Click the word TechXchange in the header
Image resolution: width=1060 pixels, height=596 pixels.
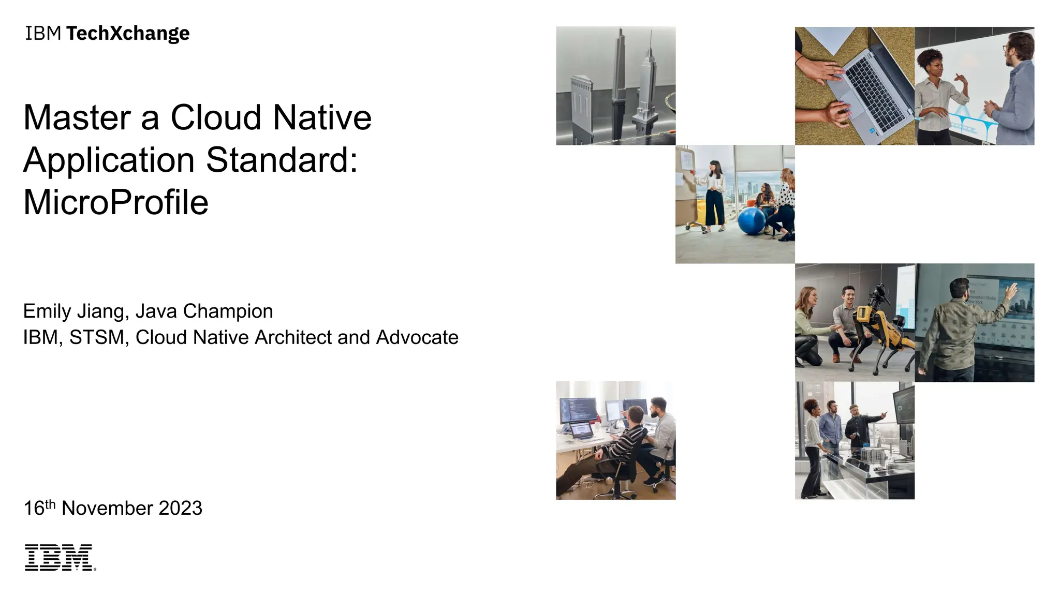pyautogui.click(x=128, y=34)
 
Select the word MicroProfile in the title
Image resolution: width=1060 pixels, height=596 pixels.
pyautogui.click(x=116, y=202)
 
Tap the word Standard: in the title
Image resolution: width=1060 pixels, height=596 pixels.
pyautogui.click(x=282, y=160)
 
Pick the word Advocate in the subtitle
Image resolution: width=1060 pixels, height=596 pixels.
pyautogui.click(x=417, y=337)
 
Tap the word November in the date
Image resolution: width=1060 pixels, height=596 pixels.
pyautogui.click(x=107, y=508)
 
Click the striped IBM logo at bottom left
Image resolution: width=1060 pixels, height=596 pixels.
pyautogui.click(x=59, y=557)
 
